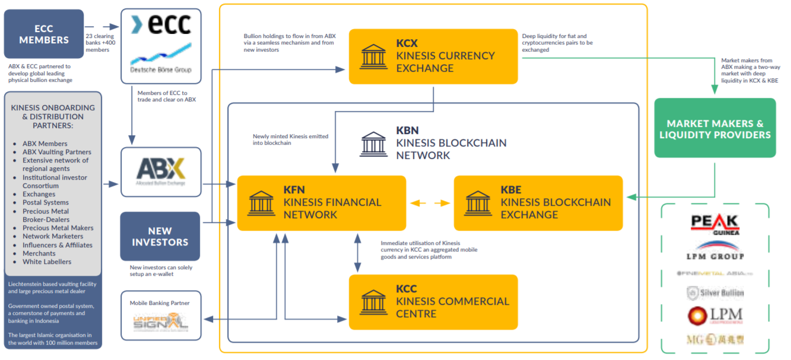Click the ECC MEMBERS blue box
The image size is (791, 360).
(44, 34)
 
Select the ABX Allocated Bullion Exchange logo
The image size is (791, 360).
(161, 171)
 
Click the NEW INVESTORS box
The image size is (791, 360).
(160, 236)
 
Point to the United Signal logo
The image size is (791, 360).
(160, 323)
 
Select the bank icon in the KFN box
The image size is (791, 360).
(262, 202)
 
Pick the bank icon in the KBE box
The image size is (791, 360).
(478, 202)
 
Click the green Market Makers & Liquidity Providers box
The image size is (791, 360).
(714, 128)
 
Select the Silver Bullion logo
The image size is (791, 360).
(714, 292)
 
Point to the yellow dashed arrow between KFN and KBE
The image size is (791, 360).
(430, 203)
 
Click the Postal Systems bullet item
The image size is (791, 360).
(46, 202)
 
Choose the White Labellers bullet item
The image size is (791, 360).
(47, 262)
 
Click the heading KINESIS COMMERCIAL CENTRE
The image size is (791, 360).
(452, 307)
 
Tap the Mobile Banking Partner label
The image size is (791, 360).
(160, 303)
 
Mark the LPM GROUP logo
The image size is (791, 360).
(714, 250)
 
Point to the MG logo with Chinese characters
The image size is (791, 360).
(714, 340)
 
